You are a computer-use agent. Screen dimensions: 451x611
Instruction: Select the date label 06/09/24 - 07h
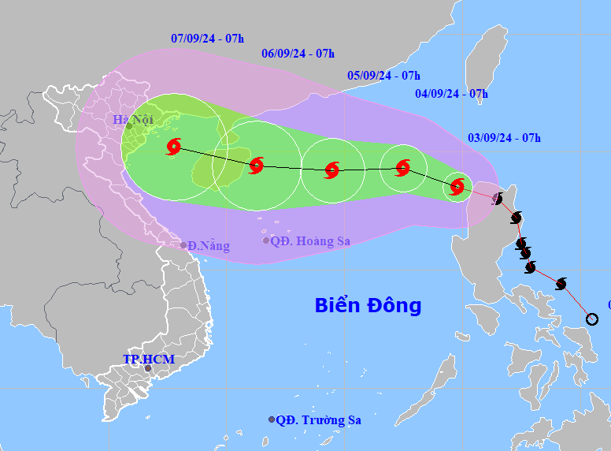click(298, 54)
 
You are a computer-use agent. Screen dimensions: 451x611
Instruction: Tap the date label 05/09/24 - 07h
click(383, 76)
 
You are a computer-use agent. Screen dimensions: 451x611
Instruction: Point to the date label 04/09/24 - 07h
click(452, 94)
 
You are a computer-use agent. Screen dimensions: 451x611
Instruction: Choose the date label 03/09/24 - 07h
click(505, 138)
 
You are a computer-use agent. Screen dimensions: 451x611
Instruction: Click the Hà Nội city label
click(131, 120)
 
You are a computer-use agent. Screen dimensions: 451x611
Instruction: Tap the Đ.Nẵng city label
click(209, 246)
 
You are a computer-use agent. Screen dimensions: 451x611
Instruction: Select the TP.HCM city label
click(149, 360)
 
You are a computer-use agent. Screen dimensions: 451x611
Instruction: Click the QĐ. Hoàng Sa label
click(310, 241)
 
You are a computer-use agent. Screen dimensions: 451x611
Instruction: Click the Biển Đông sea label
click(368, 305)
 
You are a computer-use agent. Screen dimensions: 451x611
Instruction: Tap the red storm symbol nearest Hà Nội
click(174, 147)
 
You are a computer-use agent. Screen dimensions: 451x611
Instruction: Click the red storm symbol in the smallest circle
click(457, 187)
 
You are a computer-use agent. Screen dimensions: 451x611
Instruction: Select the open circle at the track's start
click(592, 319)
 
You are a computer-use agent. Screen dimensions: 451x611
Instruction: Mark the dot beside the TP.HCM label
click(147, 368)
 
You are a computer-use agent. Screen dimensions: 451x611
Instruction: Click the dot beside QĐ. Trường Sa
click(272, 420)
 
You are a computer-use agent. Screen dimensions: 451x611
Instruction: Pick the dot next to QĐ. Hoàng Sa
click(266, 240)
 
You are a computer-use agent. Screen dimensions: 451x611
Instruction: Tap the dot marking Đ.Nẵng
click(183, 245)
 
